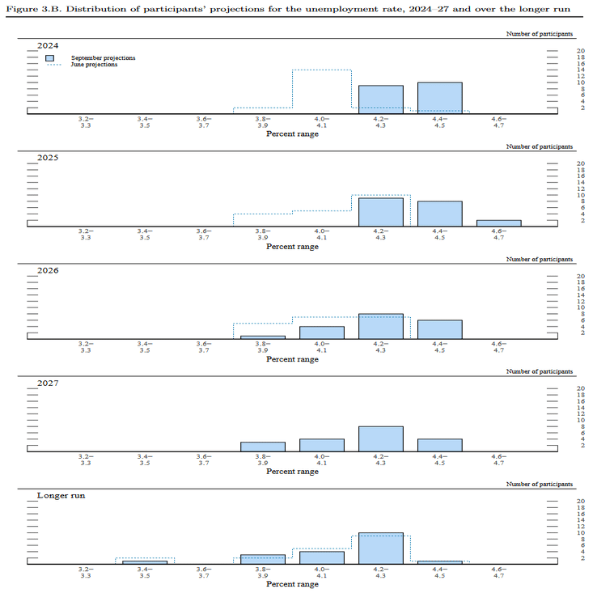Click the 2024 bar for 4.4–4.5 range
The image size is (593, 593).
pos(439,97)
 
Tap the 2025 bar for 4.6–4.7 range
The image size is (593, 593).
pos(498,222)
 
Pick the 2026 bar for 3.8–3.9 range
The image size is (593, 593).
pos(263,336)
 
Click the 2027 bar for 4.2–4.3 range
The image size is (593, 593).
pos(380,438)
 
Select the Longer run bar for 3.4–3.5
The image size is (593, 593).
pos(145,561)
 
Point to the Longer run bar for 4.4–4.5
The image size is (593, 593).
pos(439,561)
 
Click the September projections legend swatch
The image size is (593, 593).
pos(50,59)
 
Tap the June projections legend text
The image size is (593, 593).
pos(94,65)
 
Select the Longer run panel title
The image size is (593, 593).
pos(61,494)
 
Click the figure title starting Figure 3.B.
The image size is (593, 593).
pos(296,8)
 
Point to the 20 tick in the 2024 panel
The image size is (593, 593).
pos(580,51)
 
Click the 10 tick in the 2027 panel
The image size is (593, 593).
pos(580,420)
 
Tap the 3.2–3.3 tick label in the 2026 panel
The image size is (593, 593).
pos(86,347)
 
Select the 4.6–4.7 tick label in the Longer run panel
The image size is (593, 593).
pos(498,572)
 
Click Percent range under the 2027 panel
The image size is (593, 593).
pos(292,471)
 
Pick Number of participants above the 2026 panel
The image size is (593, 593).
pos(540,259)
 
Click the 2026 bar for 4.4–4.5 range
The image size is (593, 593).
pos(439,328)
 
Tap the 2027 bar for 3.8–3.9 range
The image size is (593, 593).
pos(263,446)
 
